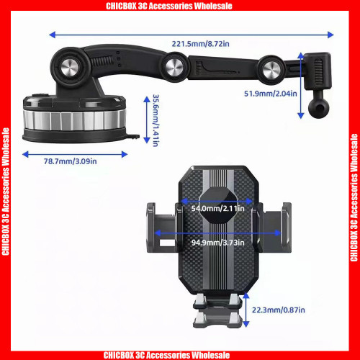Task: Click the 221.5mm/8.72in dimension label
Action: (200, 44)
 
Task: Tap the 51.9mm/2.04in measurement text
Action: (271, 94)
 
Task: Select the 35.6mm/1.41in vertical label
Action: (156, 120)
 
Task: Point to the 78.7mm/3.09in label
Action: (70, 161)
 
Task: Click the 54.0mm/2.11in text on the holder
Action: (217, 208)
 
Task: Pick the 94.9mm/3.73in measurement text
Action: (218, 243)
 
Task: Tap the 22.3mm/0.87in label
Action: (279, 310)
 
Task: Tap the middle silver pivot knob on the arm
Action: (174, 67)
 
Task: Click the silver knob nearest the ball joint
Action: (271, 70)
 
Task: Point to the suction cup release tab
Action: (132, 137)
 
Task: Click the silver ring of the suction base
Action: (74, 120)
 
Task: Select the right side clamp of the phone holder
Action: (273, 228)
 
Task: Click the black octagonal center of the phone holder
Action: (218, 206)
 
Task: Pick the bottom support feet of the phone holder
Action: (218, 310)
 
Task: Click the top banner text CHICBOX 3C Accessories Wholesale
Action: (169, 6)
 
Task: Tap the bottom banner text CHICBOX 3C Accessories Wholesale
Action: (166, 355)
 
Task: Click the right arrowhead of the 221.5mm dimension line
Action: (330, 35)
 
